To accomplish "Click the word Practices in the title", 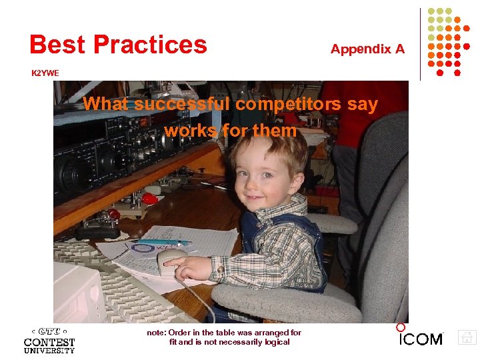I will [150, 45].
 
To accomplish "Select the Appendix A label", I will [367, 49].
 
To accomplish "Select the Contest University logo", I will [49, 340].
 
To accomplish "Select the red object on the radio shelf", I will [150, 199].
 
